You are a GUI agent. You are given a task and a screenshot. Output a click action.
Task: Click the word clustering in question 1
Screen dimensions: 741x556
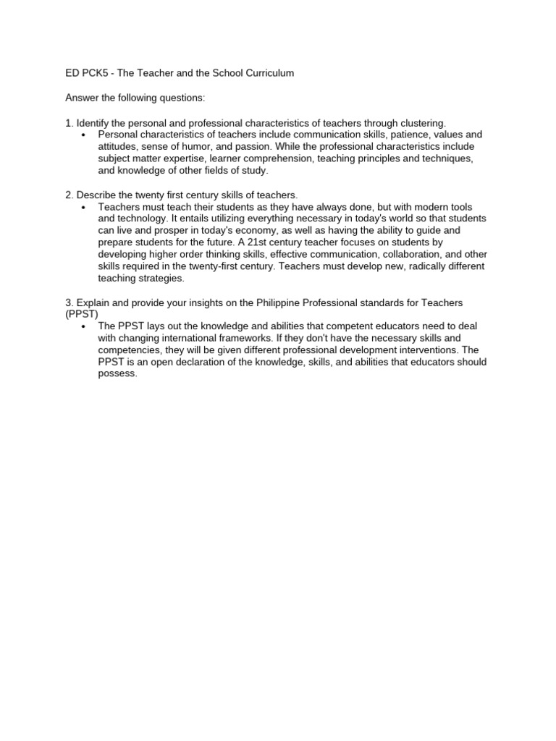pos(423,123)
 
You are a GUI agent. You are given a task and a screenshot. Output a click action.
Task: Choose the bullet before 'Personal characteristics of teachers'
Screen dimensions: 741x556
pos(84,135)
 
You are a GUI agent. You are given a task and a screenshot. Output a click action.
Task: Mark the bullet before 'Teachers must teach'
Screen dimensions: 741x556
pos(84,207)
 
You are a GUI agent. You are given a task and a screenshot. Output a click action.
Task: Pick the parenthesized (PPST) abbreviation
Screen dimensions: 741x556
pos(81,314)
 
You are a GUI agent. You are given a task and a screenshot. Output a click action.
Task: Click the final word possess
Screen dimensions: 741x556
pos(117,374)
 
